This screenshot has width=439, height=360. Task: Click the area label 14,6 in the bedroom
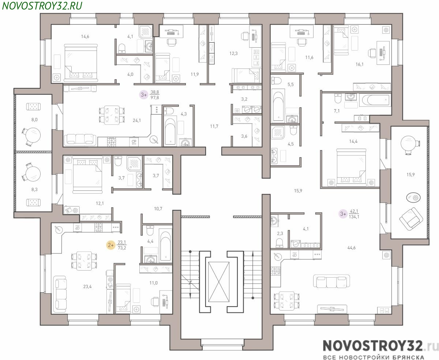click(85, 37)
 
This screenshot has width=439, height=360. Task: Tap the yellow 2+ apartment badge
click(111, 245)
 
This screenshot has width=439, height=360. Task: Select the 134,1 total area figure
click(354, 217)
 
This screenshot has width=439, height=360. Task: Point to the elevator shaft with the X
click(218, 282)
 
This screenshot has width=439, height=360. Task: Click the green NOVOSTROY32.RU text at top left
click(42, 6)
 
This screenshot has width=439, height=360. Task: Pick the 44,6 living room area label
click(351, 248)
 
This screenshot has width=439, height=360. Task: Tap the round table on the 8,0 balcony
click(34, 134)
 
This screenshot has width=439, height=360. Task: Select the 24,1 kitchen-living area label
click(137, 120)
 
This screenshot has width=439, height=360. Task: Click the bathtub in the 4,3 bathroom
click(170, 131)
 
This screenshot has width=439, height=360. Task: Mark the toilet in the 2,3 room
click(279, 243)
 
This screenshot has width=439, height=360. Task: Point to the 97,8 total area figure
click(155, 97)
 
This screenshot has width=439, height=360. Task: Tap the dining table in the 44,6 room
click(287, 300)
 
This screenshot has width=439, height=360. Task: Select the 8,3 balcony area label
click(34, 190)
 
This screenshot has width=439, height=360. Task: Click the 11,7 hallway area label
click(214, 126)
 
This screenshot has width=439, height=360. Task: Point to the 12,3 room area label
click(233, 53)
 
